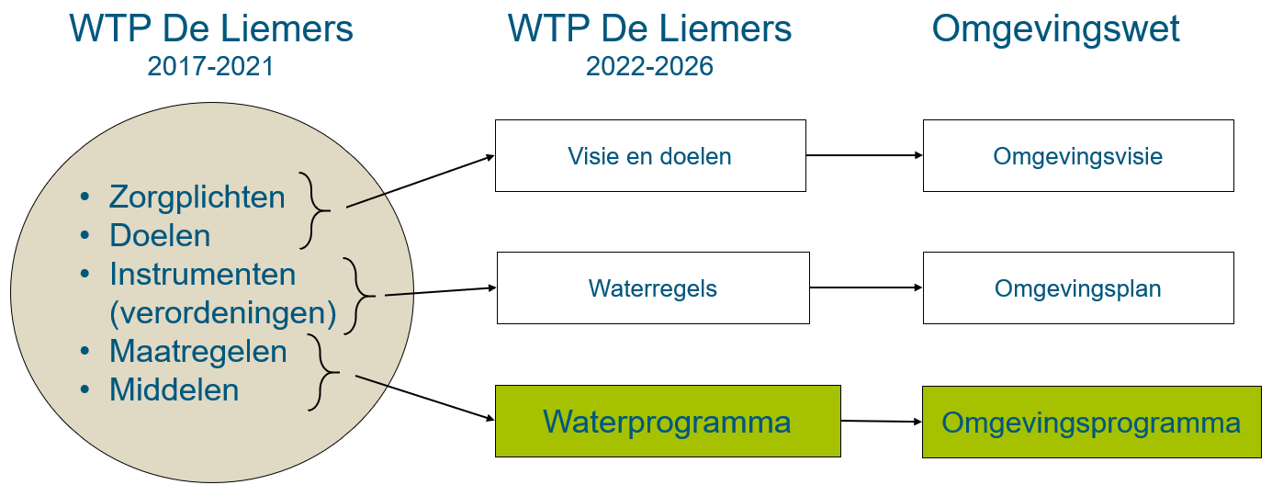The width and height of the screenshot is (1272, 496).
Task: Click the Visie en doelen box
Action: [650, 156]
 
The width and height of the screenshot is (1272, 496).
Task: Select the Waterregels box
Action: [653, 288]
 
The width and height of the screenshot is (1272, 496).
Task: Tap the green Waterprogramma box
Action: [668, 422]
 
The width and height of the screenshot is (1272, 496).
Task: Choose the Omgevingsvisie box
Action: [1077, 156]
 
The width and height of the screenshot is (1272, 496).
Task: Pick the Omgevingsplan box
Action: [1077, 288]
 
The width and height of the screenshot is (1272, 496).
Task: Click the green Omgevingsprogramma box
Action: [1091, 423]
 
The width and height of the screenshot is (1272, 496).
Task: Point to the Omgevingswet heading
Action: [1055, 29]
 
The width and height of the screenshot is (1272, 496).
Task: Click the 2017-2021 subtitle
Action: [210, 67]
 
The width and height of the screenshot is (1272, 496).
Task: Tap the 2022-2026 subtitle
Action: [649, 67]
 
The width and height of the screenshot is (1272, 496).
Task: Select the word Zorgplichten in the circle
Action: [197, 197]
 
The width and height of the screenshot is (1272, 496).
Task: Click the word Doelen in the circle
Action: [160, 236]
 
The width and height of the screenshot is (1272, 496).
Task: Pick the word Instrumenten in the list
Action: [203, 275]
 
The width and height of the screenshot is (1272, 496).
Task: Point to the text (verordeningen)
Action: [223, 313]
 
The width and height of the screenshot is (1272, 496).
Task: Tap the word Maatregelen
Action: [198, 352]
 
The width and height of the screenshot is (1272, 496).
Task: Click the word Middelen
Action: [174, 390]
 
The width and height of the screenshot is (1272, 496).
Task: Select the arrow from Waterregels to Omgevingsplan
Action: [866, 287]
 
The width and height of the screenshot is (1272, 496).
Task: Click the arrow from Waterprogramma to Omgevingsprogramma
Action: [881, 422]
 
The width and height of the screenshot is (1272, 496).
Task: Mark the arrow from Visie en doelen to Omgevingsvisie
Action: [864, 155]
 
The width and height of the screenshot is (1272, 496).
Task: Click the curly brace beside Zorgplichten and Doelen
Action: [315, 210]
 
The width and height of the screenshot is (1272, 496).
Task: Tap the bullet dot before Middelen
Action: [86, 390]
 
